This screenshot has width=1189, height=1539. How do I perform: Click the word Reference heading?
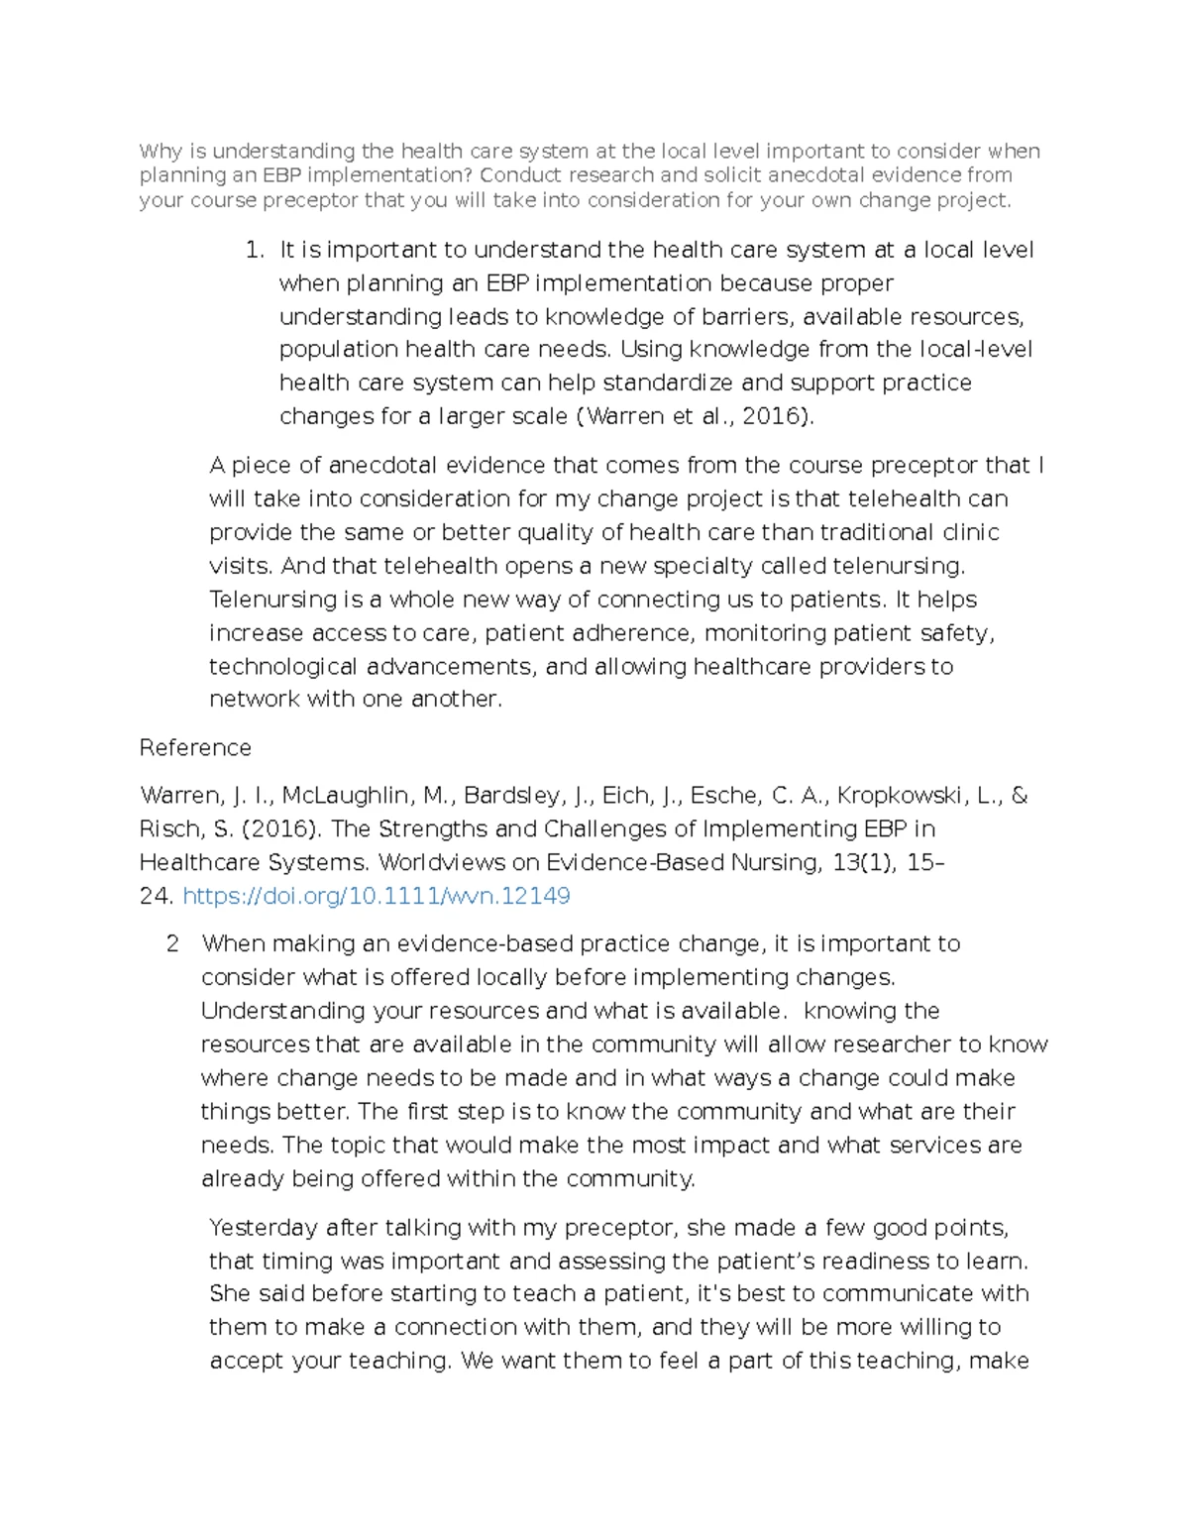[x=195, y=747]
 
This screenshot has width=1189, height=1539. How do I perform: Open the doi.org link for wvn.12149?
[x=377, y=896]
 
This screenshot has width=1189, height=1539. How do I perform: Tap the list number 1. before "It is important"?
[x=254, y=250]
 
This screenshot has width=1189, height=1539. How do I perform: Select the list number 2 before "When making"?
[x=172, y=943]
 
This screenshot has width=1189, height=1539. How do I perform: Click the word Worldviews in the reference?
[x=439, y=862]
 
